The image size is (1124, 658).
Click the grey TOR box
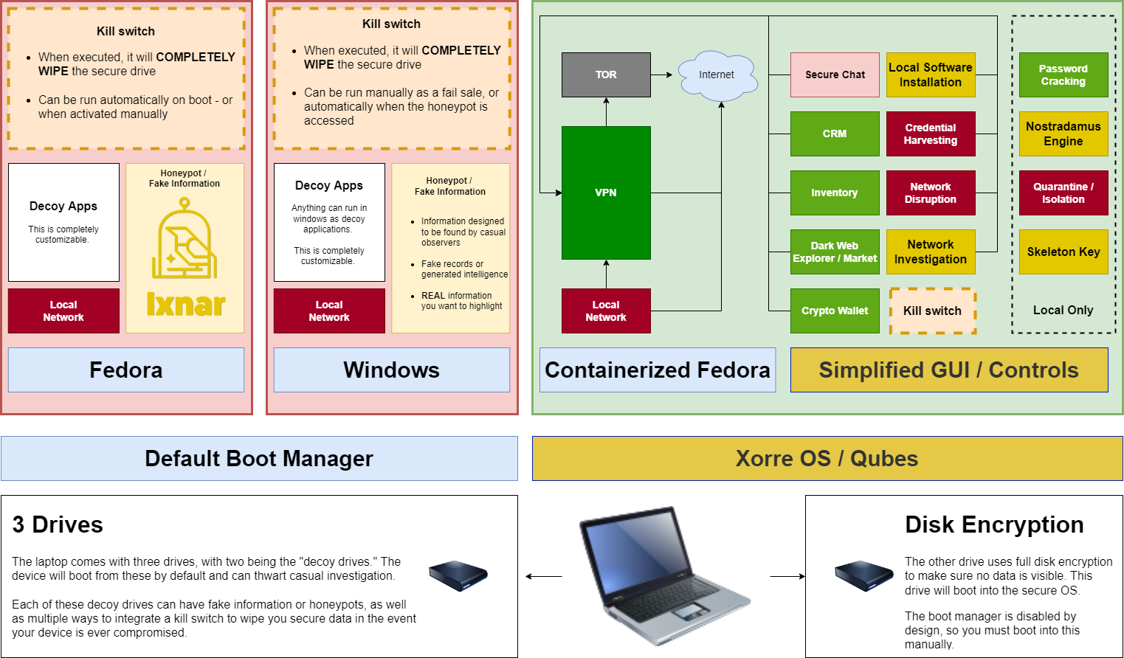606,75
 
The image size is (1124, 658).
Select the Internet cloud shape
717,75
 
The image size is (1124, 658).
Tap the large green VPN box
606,193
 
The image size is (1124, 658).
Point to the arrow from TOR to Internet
663,75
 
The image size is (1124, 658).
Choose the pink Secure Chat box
835,75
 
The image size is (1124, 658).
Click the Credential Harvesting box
931,134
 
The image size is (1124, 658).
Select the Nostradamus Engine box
1063,134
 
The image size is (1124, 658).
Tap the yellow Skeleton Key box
1063,252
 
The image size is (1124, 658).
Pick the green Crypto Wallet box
835,311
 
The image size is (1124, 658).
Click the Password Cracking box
1063,75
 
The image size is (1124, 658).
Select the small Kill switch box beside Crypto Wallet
933,311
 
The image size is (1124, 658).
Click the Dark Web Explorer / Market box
835,252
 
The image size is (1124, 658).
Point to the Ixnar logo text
186,304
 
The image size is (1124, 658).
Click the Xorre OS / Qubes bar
827,458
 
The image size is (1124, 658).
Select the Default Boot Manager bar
259,458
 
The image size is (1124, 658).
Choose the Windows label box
392,370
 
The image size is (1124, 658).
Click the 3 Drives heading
58,524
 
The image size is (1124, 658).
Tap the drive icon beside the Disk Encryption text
863,575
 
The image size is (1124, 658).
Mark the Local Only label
1063,310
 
